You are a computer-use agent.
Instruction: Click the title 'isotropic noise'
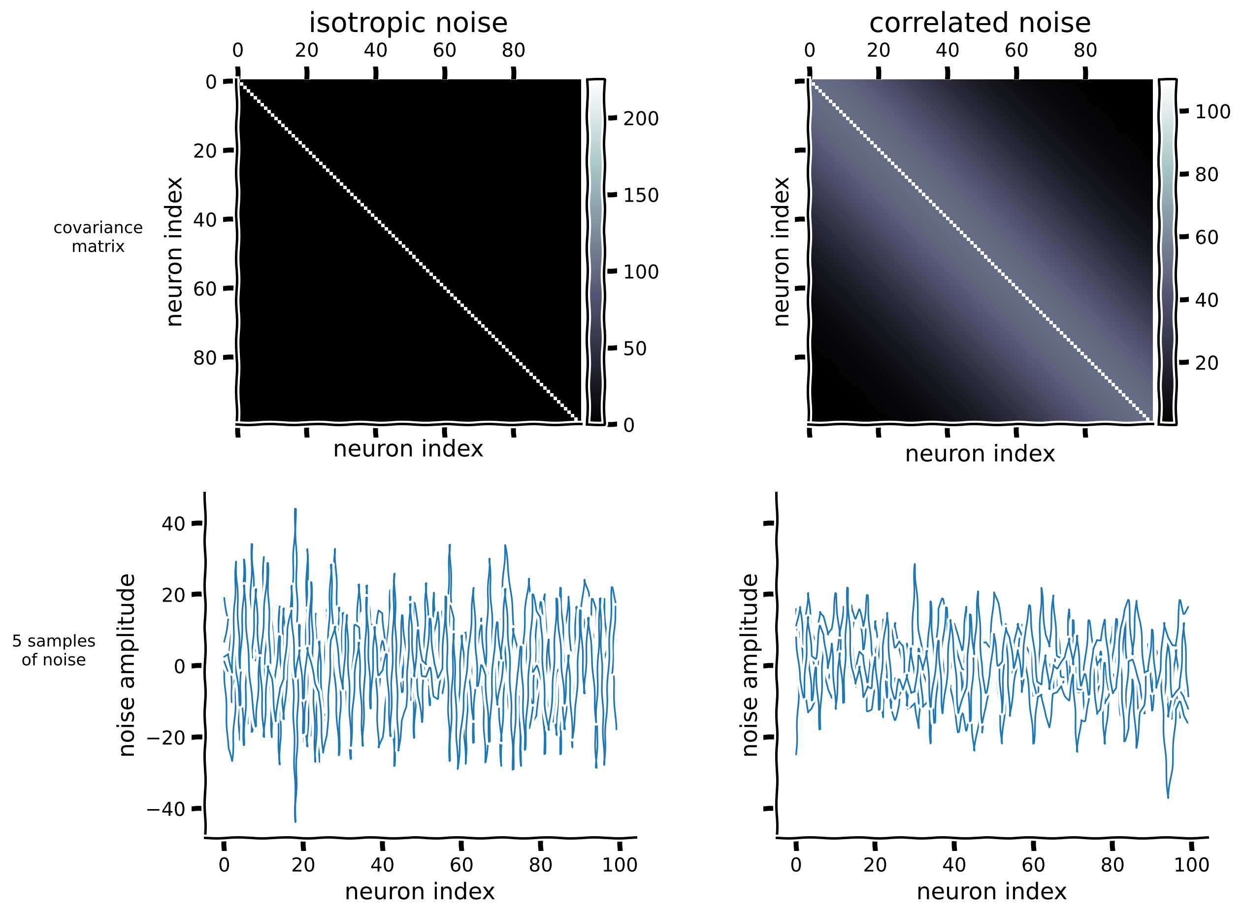point(408,23)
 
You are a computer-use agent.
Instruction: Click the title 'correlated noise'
point(980,23)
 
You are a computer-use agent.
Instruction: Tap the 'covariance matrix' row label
point(98,237)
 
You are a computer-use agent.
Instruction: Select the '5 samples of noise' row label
point(54,650)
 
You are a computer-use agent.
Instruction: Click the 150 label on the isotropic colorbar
point(641,195)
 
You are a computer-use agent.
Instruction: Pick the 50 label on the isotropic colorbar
point(635,349)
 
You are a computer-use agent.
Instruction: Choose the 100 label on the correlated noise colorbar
point(1212,112)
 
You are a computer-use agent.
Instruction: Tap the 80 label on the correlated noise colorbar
point(1207,174)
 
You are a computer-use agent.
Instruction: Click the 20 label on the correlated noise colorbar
point(1207,363)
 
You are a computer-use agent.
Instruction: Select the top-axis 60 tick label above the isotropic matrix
point(444,50)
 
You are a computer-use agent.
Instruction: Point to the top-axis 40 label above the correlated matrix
point(947,50)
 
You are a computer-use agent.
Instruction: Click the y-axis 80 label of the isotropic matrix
point(204,358)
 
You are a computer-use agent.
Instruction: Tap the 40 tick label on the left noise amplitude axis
point(173,524)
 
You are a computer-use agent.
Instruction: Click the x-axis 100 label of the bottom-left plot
point(620,865)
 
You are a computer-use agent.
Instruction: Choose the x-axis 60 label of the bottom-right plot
point(1033,865)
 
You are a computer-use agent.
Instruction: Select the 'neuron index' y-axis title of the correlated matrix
point(781,252)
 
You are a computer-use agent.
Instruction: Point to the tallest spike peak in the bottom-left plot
point(295,509)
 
